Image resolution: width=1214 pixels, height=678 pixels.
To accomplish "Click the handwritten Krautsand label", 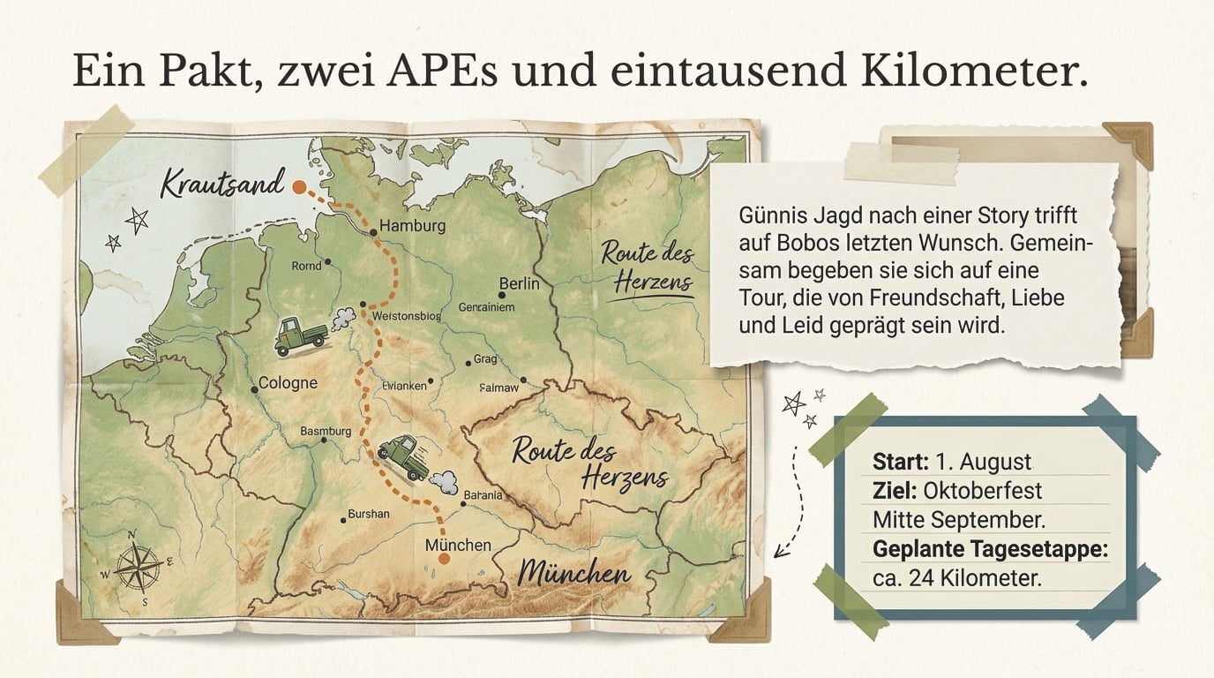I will point(222,185).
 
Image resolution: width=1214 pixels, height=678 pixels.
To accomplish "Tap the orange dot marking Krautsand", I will point(299,187).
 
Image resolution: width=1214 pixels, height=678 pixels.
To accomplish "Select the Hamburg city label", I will point(412,226).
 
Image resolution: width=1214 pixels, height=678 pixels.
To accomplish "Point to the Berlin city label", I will point(519,283).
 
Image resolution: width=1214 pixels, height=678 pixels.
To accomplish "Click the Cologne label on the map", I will point(288,384).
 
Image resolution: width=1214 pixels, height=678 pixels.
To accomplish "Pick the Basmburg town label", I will point(326,432).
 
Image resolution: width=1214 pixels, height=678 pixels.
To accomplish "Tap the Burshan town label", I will point(369,514).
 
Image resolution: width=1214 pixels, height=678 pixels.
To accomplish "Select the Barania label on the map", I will point(483,495).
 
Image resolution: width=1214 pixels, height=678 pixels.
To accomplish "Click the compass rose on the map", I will point(138,566).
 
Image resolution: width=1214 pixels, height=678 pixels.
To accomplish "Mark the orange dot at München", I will point(444,558).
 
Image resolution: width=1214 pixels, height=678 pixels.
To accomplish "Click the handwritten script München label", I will point(574,575).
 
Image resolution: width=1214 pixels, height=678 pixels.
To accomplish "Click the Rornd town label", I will point(307,265).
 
